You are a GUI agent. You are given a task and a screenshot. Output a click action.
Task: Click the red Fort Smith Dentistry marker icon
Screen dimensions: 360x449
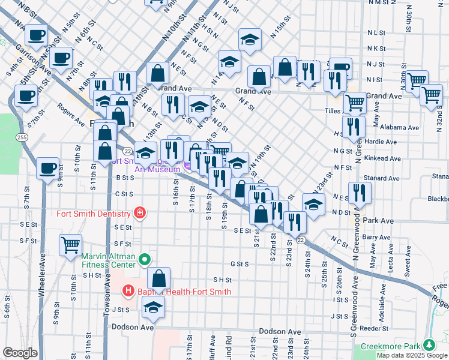(x=140, y=213)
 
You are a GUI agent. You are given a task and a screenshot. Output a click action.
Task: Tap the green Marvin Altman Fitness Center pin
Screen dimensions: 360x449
(x=144, y=260)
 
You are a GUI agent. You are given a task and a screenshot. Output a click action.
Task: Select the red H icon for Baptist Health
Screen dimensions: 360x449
(x=128, y=292)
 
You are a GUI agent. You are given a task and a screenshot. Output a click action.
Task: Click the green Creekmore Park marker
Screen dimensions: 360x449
(x=429, y=346)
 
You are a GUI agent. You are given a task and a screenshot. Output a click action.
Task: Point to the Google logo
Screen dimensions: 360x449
(x=20, y=353)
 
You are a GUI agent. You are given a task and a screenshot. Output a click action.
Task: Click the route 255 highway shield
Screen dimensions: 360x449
(x=22, y=137)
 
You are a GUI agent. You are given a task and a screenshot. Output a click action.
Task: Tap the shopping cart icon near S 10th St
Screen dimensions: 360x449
(x=71, y=244)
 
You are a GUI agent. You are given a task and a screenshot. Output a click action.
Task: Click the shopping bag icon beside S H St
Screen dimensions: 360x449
(x=158, y=278)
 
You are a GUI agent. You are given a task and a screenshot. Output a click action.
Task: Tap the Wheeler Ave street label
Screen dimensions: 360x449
(x=41, y=282)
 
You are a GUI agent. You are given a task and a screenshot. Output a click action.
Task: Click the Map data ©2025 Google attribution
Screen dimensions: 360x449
(x=412, y=355)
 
